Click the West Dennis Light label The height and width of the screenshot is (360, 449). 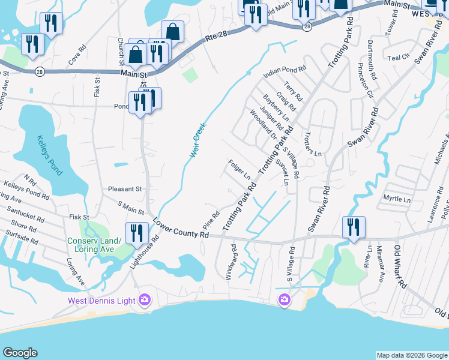click(x=101, y=299)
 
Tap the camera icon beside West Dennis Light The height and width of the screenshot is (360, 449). click(x=145, y=299)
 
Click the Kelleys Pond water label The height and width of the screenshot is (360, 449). click(x=49, y=155)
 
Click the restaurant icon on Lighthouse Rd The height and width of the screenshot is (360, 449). click(x=136, y=232)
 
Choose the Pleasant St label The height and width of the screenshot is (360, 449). click(x=124, y=188)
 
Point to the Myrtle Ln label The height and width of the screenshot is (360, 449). click(x=397, y=199)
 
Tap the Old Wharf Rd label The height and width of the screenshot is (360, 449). click(x=400, y=266)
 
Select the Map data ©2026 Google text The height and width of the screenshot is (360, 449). click(x=411, y=355)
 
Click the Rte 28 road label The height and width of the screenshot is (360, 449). click(x=217, y=37)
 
